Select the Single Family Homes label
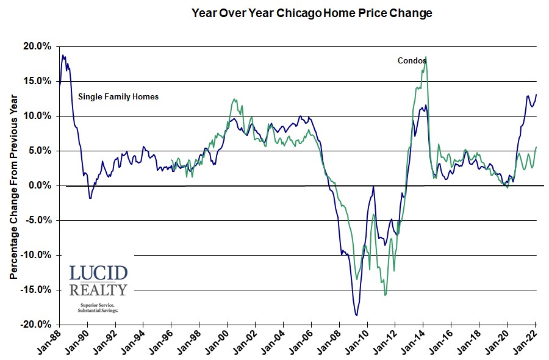coord(118,96)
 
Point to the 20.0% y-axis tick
coord(38,46)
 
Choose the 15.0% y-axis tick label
coord(38,81)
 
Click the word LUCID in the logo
coord(98,273)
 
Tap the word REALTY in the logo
coord(98,290)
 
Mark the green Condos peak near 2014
coord(425,57)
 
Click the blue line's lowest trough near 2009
coord(356,315)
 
